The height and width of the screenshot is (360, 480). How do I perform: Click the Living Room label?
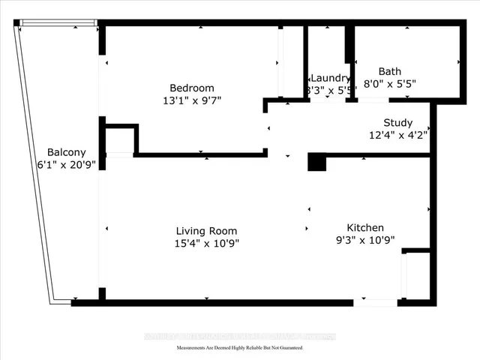206,231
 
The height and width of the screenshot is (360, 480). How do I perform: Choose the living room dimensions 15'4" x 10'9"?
206,243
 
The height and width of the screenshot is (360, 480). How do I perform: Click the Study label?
397,123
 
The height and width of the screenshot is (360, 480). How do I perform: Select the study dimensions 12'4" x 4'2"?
397,135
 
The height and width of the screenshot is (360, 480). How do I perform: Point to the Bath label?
390,72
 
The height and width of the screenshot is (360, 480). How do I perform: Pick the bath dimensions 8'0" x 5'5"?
390,84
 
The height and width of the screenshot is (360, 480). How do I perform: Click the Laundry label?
330,78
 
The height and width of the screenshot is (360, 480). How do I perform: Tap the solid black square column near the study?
316,162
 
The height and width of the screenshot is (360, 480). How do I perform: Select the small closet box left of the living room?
119,141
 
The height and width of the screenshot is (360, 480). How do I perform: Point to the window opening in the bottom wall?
376,302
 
